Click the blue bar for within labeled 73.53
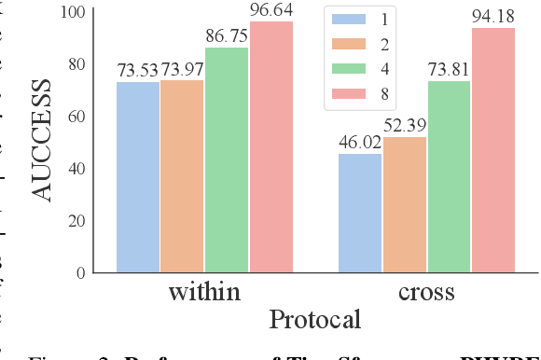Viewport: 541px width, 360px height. [x=137, y=177]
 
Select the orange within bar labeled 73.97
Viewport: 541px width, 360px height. [x=182, y=176]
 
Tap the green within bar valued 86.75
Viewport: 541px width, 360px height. [x=227, y=159]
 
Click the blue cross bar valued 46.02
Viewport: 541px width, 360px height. [x=359, y=213]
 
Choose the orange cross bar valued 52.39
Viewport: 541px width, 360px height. [x=404, y=204]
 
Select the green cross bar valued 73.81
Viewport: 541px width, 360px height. [x=449, y=176]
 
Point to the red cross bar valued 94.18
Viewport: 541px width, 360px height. [x=492, y=150]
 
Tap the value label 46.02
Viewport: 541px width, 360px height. [x=359, y=143]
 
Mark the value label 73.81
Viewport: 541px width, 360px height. [x=450, y=70]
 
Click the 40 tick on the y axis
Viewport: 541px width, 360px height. [x=76, y=169]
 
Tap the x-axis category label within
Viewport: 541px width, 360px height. [x=204, y=292]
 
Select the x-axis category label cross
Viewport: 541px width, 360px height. [x=426, y=292]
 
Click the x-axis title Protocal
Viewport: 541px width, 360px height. [x=314, y=321]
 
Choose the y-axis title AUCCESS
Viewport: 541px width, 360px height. [x=42, y=142]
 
